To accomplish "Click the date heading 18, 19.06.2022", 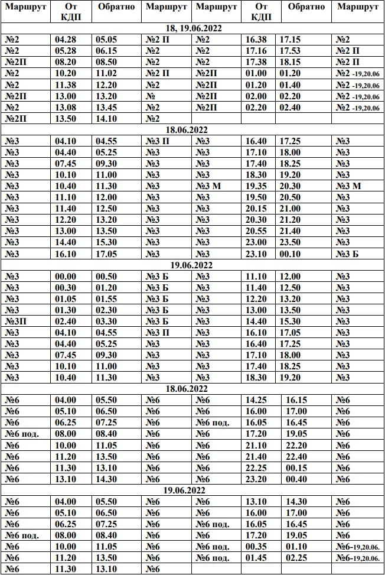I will pos(193,28).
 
